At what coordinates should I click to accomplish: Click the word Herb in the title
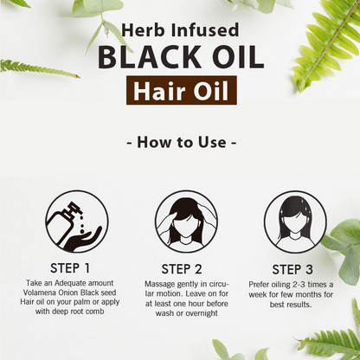142,30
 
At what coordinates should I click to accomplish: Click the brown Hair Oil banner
182,90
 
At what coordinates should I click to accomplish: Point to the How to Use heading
182,142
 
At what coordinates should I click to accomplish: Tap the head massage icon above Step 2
186,222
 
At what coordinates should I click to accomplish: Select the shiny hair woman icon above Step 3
295,222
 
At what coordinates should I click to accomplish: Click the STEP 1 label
70,268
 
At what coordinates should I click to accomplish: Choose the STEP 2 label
182,269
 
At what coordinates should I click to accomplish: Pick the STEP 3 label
292,269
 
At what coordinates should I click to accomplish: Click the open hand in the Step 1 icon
82,237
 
